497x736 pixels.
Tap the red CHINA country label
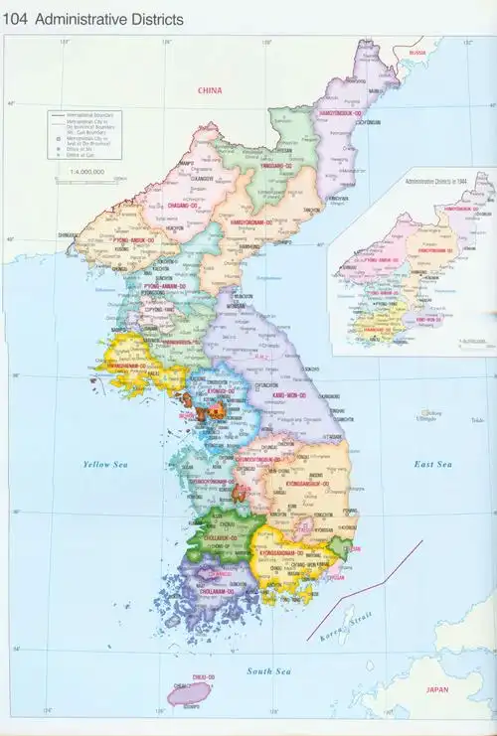[210, 90]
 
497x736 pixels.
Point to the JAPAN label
[437, 688]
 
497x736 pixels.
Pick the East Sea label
[433, 464]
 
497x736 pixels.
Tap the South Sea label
[267, 671]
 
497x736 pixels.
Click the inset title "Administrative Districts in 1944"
[445, 183]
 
